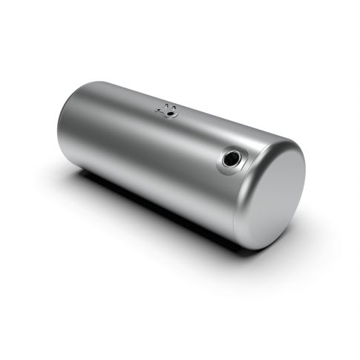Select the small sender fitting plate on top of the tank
click(x=168, y=111)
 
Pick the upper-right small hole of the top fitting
click(x=175, y=107)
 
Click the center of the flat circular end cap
click(x=269, y=197)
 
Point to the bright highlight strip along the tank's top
click(x=148, y=104)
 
